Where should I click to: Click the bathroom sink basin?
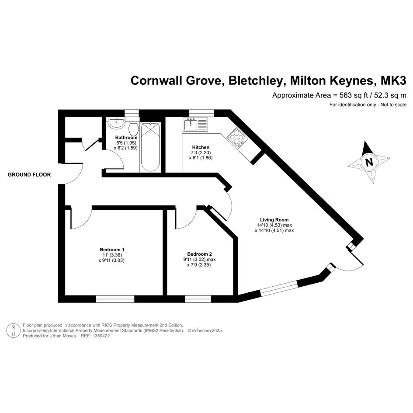point(117,123)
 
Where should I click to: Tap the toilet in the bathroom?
point(134,128)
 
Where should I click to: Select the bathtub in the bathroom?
point(150,147)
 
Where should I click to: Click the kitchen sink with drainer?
point(195,125)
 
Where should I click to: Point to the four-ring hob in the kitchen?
point(237,138)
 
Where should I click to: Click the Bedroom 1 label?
point(112,250)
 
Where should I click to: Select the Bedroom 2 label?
point(199,254)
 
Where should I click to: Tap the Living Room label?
point(274,220)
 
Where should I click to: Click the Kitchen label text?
point(201,147)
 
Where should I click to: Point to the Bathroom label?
point(126,138)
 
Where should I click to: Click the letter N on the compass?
point(369,162)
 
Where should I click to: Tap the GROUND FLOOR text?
point(29,175)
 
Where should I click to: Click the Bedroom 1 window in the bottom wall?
point(115,299)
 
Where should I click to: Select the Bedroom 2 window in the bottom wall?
point(198,299)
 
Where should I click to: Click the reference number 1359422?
point(100,336)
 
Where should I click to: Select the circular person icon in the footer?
point(13,330)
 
